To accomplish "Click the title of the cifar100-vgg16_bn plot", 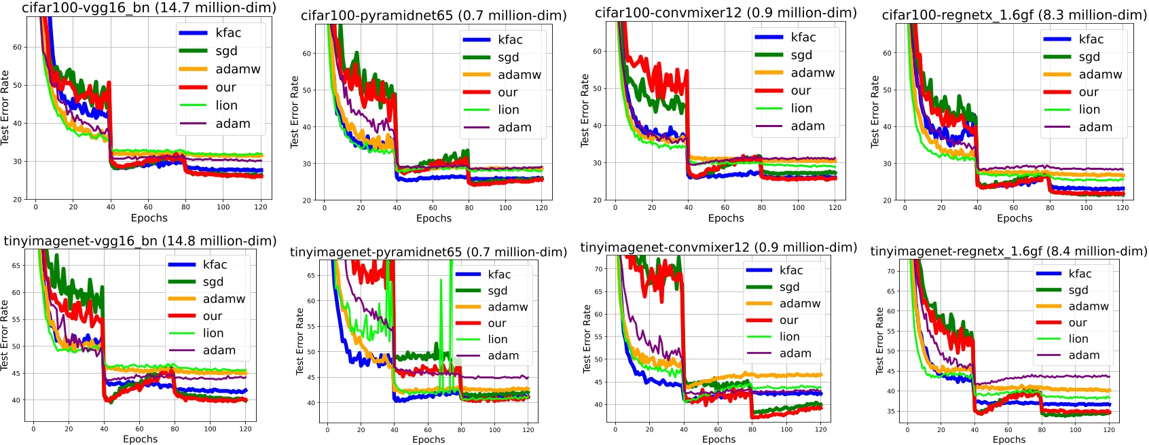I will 149,8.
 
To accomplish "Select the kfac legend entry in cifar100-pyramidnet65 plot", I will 509,40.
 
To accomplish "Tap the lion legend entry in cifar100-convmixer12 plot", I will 801,109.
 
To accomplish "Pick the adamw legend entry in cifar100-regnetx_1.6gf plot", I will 1100,75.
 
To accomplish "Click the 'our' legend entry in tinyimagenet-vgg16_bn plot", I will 212,317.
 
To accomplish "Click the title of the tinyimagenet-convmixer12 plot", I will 718,248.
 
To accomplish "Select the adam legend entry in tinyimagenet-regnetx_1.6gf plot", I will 1084,355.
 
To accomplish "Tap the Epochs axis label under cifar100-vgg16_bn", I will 149,218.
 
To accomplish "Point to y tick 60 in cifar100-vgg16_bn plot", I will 18,48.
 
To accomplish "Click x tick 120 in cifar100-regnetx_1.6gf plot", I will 1123,208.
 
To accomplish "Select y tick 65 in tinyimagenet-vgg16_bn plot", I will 15,266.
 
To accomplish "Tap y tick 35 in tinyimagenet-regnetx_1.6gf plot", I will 891,412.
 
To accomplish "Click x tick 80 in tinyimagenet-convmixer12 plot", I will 752,429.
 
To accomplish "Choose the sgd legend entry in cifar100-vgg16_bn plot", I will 226,51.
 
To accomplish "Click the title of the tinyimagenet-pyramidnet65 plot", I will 428,253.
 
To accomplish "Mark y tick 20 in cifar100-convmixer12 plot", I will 598,200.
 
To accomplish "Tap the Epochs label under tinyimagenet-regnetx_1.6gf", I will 1008,440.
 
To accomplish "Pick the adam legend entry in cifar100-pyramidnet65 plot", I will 514,128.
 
